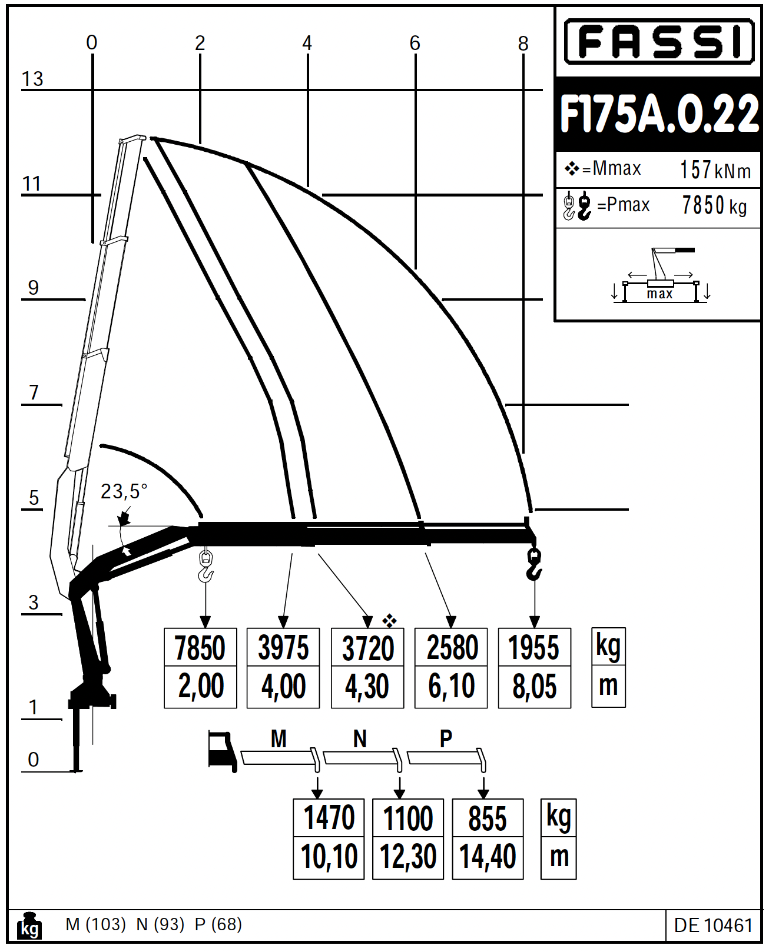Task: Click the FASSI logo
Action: (659, 42)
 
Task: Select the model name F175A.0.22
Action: (659, 114)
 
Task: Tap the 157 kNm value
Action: (715, 170)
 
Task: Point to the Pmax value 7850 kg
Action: (714, 205)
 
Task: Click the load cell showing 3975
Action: (283, 647)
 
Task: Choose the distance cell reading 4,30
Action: (367, 687)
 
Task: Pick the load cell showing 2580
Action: (451, 647)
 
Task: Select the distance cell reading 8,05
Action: (535, 687)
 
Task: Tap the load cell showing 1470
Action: (329, 817)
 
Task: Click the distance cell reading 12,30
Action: (408, 857)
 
